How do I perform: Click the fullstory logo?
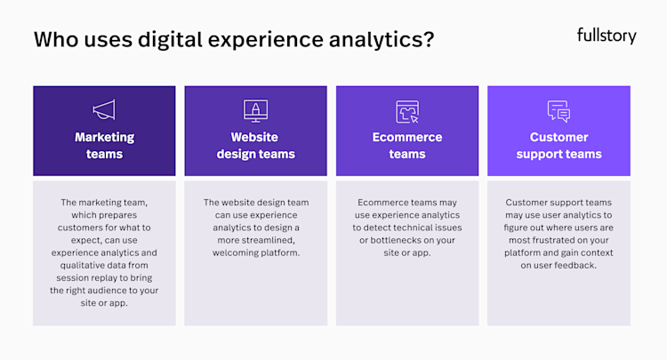pyautogui.click(x=607, y=36)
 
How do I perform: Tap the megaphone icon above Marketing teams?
pyautogui.click(x=104, y=110)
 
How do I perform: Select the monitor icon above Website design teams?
pyautogui.click(x=255, y=110)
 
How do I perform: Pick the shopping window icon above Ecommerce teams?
pyautogui.click(x=407, y=111)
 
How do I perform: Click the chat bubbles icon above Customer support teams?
pyautogui.click(x=559, y=111)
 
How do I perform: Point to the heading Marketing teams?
pyautogui.click(x=104, y=146)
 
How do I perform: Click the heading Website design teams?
pyautogui.click(x=255, y=146)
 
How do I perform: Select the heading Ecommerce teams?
pyautogui.click(x=407, y=146)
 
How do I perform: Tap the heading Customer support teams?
pyautogui.click(x=559, y=146)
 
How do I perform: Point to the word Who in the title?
pyautogui.click(x=55, y=39)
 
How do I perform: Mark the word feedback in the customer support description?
pyautogui.click(x=577, y=265)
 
